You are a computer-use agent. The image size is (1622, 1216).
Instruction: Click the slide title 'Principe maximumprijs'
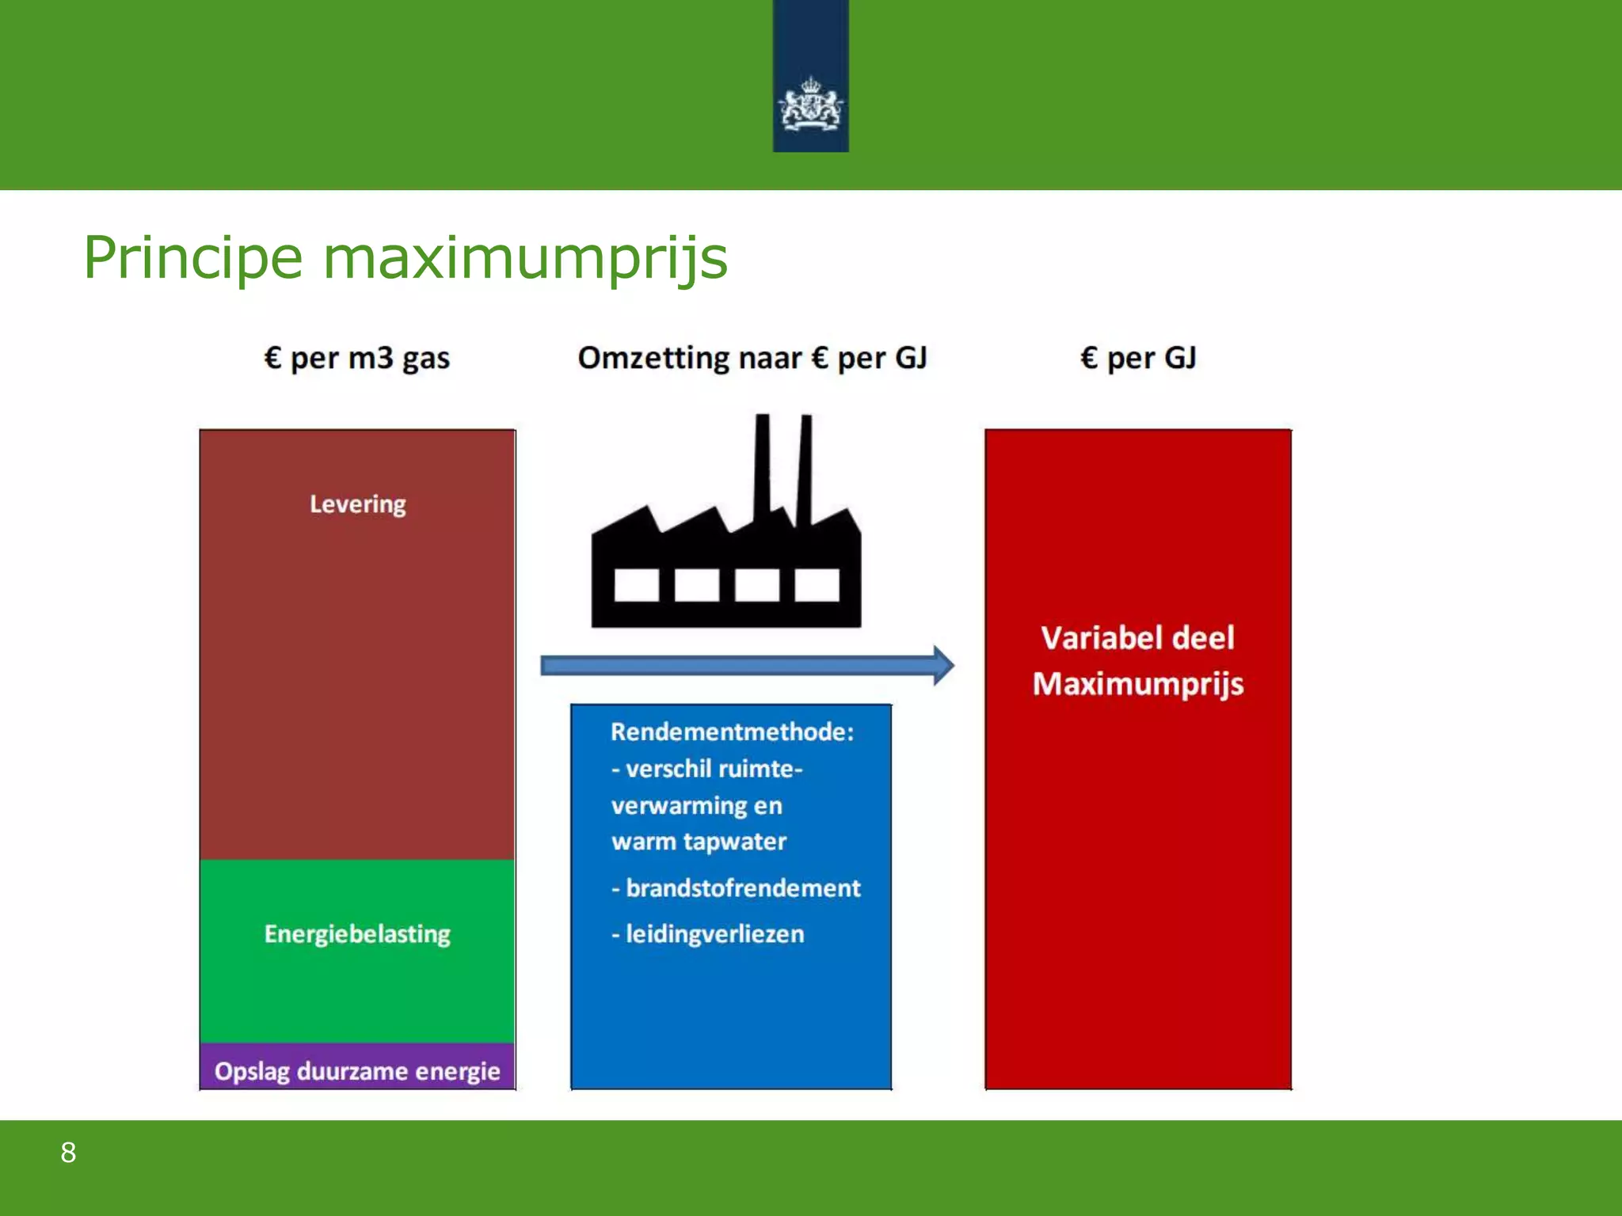[405, 258]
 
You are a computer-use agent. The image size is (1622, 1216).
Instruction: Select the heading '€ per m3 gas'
[357, 359]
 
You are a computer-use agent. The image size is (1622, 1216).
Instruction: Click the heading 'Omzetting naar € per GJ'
[752, 359]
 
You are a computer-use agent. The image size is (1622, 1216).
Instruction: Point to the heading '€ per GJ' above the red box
[1138, 359]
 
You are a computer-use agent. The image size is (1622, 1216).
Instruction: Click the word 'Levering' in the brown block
[357, 504]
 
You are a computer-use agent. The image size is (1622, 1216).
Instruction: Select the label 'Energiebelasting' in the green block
[357, 934]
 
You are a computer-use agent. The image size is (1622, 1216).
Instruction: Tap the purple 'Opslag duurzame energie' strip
[357, 1070]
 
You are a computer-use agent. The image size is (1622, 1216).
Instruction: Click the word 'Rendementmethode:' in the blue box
[732, 732]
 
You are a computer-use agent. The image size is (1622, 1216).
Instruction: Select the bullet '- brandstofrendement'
[736, 888]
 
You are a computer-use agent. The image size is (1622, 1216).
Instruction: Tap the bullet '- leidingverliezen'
[708, 934]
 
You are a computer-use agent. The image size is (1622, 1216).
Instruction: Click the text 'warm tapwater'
[699, 842]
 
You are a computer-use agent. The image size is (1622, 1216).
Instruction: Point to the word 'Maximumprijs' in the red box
[1138, 684]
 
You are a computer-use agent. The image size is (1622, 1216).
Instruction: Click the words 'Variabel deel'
[1138, 638]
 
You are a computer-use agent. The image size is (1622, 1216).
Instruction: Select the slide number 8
[69, 1153]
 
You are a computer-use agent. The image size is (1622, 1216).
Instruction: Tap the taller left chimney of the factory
[762, 467]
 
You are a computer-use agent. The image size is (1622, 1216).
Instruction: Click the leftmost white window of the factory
[636, 585]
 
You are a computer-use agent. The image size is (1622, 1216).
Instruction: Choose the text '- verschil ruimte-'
[707, 769]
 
